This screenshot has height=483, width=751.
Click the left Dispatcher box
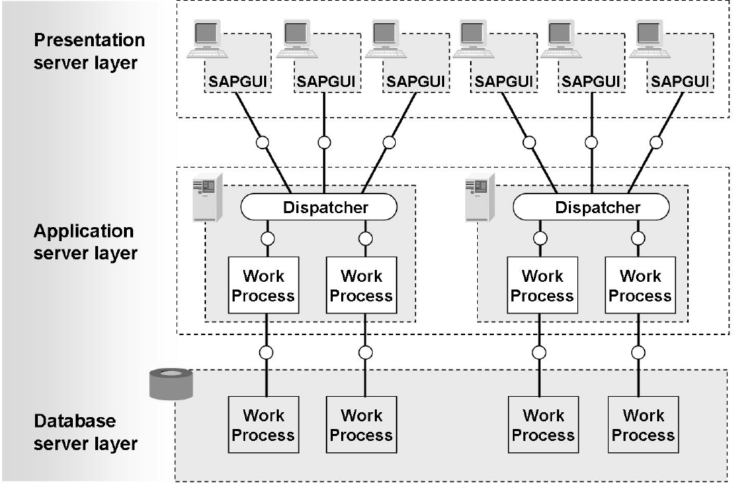pos(319,208)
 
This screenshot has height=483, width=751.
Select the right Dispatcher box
pos(591,208)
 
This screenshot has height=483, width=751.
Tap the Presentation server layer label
pos(89,51)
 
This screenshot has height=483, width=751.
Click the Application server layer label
pos(84,242)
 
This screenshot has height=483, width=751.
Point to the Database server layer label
pos(85,432)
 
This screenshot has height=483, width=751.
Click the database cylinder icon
pos(171,385)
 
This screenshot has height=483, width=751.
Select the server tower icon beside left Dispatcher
pos(207,197)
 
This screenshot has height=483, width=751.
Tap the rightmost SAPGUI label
pos(679,81)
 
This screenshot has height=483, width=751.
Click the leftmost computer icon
pos(208,39)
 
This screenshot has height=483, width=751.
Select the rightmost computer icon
pos(649,39)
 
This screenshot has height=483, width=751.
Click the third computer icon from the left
pos(385,39)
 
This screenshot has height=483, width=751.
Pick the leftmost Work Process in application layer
pos(263,285)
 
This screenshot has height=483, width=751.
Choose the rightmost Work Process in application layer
pos(640,285)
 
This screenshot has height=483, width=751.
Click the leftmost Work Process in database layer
pos(263,425)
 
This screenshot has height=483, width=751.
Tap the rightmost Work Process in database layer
pos(643,425)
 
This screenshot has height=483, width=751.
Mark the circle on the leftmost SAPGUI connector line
pos(263,142)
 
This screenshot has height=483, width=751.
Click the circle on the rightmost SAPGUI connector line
pos(656,142)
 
